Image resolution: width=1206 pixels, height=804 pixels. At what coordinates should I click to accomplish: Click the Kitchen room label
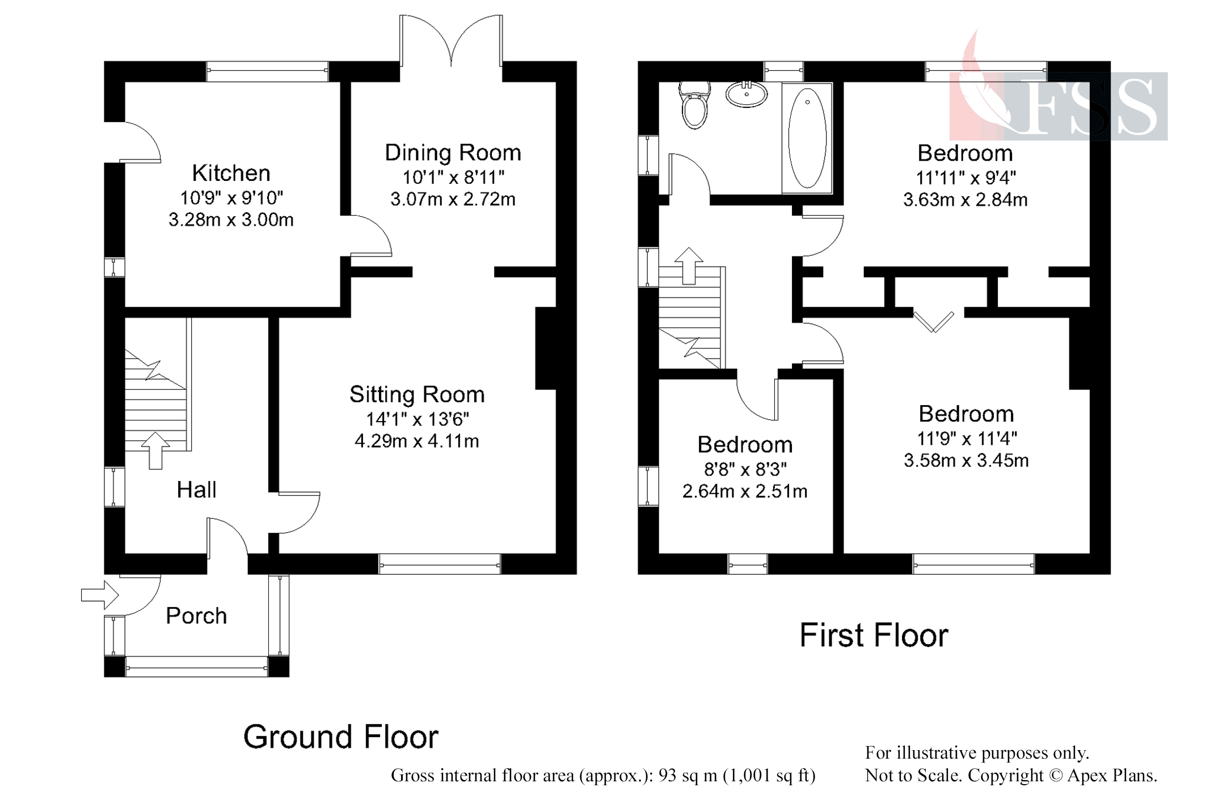231,173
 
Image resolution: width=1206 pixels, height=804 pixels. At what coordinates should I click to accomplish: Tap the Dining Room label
453,153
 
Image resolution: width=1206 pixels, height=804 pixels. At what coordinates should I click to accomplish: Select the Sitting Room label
417,394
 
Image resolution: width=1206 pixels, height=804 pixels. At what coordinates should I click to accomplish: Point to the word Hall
196,490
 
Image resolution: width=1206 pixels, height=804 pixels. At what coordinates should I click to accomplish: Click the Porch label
196,616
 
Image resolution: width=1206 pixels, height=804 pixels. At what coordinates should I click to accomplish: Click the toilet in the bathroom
695,105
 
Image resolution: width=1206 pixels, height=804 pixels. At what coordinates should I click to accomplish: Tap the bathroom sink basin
747,94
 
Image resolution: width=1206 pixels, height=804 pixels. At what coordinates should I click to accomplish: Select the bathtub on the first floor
807,138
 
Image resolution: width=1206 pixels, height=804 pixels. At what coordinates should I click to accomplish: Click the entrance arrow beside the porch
100,595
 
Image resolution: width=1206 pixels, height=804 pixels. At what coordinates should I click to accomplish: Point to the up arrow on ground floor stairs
155,451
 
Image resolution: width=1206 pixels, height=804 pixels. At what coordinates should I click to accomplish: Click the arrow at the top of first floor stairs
688,266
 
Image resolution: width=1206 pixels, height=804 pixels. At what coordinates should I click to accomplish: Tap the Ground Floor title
341,737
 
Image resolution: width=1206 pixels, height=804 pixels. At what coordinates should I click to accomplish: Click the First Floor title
874,635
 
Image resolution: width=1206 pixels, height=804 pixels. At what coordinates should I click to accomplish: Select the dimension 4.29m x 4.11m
417,441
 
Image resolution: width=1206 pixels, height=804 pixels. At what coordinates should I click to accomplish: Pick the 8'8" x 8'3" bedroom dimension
745,469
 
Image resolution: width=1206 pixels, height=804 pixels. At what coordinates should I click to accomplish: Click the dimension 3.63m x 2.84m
965,200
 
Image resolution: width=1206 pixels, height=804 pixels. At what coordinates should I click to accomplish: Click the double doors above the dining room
451,40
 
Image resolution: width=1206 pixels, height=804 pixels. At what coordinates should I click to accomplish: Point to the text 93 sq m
688,775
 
